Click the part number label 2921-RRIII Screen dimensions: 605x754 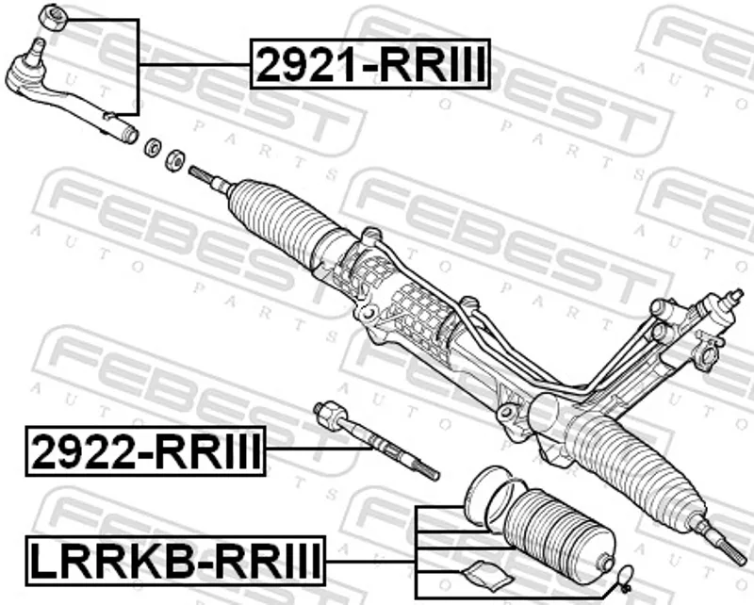point(371,64)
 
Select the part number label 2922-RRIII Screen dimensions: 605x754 point(146,450)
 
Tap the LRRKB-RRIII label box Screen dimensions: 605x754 point(175,562)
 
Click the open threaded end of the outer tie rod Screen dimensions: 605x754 point(128,133)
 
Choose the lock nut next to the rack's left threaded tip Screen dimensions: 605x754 point(174,158)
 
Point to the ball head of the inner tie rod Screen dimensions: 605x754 point(326,411)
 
